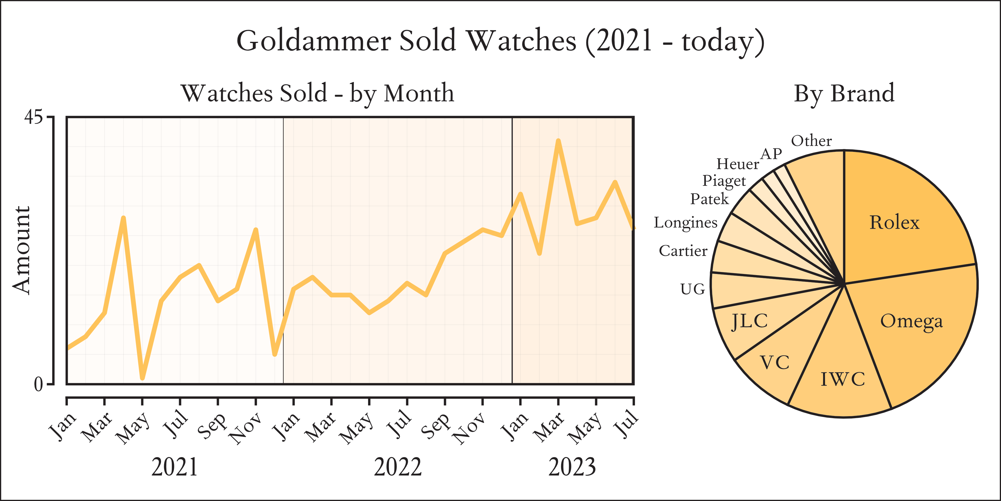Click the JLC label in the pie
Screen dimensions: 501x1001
pos(750,321)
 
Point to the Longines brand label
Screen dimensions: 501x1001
pos(686,223)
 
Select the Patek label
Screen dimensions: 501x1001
pos(709,199)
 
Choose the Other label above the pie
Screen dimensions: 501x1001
pos(811,141)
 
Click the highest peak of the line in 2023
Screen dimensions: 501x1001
pos(558,141)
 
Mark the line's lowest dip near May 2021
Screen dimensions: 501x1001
pos(142,378)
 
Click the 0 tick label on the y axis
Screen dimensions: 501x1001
pos(38,384)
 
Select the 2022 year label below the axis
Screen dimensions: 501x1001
pos(397,467)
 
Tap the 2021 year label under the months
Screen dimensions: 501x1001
pos(175,467)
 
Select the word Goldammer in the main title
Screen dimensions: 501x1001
pos(314,41)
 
